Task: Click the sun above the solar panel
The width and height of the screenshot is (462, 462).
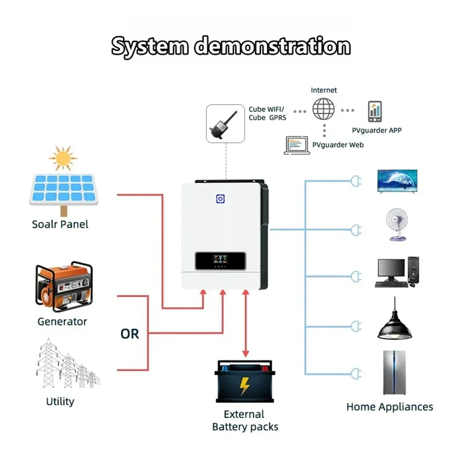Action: [x=63, y=158]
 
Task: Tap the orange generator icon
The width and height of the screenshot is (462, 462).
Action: [x=64, y=286]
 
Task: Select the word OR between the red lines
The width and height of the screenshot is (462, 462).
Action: [x=130, y=334]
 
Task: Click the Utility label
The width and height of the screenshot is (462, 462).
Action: [x=60, y=401]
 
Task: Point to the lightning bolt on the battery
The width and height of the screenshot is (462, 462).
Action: [x=245, y=385]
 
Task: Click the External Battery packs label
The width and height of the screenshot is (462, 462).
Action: [x=245, y=420]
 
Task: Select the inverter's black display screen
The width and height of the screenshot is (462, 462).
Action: [x=220, y=260]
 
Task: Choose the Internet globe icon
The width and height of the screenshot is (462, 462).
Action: [x=323, y=109]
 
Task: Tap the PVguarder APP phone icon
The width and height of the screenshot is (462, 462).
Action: [x=375, y=112]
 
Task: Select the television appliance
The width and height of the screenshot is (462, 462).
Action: [x=397, y=181]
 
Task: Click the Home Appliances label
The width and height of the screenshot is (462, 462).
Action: [x=389, y=407]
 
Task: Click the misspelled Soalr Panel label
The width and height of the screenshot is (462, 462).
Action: [x=60, y=224]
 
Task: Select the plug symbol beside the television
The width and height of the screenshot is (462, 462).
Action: [x=356, y=181]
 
